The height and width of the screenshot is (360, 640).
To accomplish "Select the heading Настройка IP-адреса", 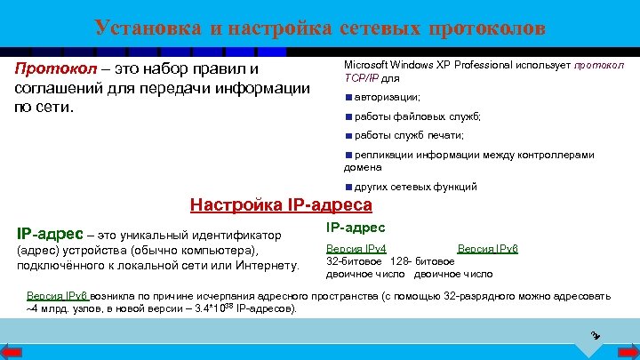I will click(x=281, y=205).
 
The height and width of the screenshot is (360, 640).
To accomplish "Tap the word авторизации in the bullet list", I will click(x=387, y=96).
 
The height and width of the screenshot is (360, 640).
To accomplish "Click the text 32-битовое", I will click(x=355, y=261).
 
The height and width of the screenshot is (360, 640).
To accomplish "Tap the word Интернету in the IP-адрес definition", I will click(x=265, y=265).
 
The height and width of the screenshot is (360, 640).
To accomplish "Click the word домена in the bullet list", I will click(x=363, y=166).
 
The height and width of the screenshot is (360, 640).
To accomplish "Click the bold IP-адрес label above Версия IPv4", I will click(x=356, y=228).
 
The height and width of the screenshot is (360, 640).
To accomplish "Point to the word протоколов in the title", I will click(x=486, y=28).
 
